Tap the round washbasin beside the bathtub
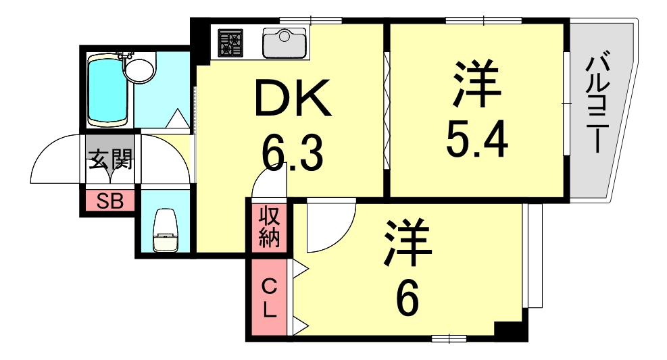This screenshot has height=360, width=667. coord(140,69)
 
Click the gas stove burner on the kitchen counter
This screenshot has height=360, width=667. coord(230,43)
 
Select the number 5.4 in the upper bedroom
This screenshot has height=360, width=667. coord(476,138)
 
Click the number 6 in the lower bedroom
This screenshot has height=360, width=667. coord(407,297)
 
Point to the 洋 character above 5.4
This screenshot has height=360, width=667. coord(476,84)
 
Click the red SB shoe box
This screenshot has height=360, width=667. coord(110,201)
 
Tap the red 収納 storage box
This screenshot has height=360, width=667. coord(269,227)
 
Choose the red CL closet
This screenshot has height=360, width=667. coord(269,299)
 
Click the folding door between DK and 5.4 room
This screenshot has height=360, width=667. coord(387,111)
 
